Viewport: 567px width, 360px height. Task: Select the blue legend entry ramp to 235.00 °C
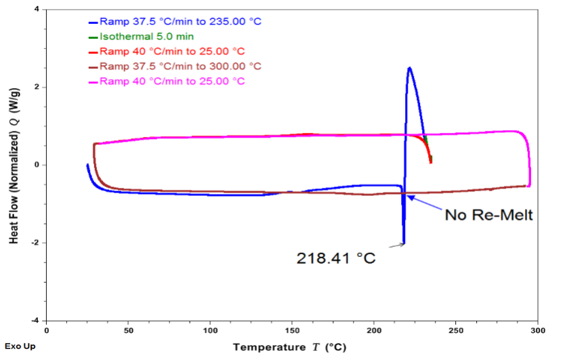pyautogui.click(x=180, y=21)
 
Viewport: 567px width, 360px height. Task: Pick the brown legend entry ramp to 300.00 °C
pyautogui.click(x=180, y=66)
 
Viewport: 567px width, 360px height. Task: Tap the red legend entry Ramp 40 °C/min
pyautogui.click(x=171, y=51)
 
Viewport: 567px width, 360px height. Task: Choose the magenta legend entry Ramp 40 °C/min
pyautogui.click(x=171, y=81)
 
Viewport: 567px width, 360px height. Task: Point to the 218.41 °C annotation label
pyautogui.click(x=335, y=258)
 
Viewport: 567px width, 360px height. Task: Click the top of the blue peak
pyautogui.click(x=409, y=68)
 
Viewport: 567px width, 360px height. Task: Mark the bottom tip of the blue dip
pyautogui.click(x=404, y=243)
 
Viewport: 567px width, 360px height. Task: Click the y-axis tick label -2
pyautogui.click(x=35, y=243)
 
